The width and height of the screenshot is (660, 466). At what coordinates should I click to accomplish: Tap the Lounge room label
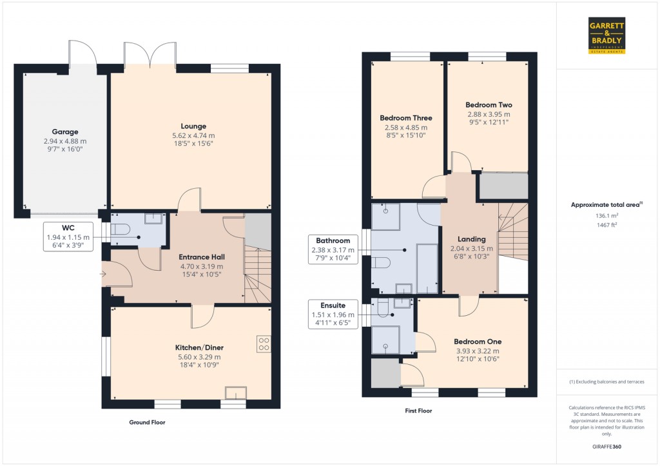(x=193, y=126)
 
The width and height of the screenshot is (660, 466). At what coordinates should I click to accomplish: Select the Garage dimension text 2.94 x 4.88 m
(x=64, y=141)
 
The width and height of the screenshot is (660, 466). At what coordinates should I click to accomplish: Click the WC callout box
(x=68, y=237)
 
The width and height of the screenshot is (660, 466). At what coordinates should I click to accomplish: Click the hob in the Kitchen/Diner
(x=263, y=344)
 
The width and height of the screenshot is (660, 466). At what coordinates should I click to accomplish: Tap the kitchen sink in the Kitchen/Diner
(x=235, y=393)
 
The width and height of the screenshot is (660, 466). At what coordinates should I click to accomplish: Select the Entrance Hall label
(x=201, y=257)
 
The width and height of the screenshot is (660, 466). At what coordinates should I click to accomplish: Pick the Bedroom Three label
(x=405, y=118)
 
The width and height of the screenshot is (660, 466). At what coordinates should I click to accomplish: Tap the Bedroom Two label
(x=489, y=105)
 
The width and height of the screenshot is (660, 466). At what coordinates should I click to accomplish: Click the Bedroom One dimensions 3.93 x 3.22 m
(x=477, y=351)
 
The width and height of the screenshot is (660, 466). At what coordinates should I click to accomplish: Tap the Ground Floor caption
(x=147, y=422)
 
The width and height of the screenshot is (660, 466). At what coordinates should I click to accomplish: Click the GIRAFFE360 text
(x=607, y=447)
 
